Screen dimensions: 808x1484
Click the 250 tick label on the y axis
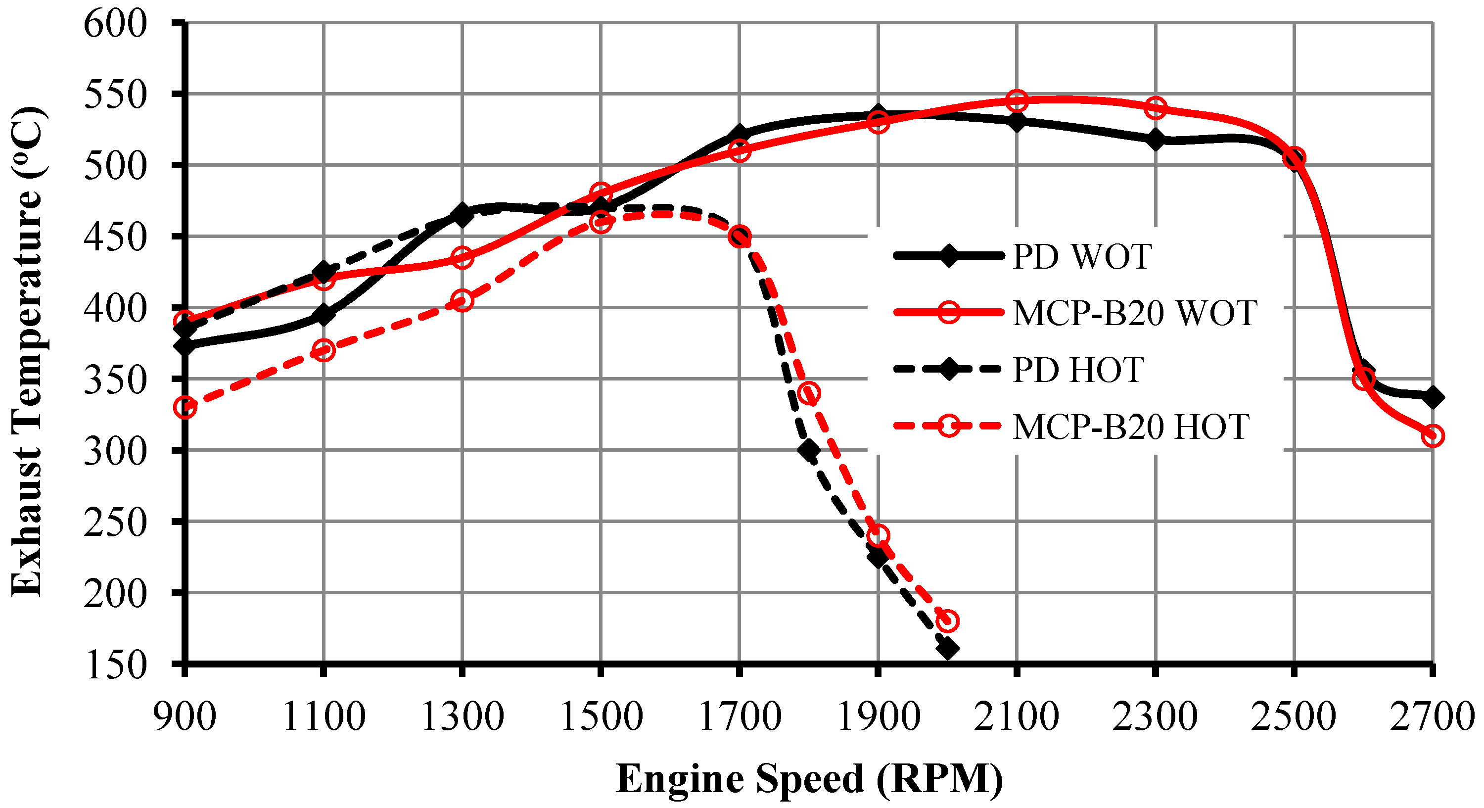coord(115,523)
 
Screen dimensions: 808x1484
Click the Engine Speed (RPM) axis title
coord(809,779)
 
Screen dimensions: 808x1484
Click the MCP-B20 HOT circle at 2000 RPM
coord(948,620)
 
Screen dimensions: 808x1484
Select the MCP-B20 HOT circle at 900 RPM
coord(185,407)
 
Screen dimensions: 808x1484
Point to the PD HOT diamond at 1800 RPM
coord(809,450)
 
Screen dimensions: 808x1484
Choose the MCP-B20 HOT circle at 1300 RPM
coord(462,300)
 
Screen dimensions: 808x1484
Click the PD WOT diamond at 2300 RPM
coord(1155,140)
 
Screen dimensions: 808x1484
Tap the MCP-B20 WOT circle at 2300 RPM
coord(1156,107)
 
